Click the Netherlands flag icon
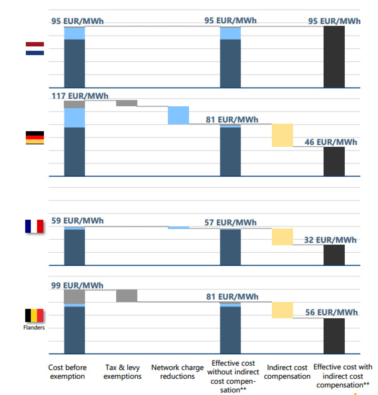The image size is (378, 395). pos(35,48)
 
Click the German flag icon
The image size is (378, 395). pos(35,138)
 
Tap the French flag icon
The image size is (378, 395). pos(34,226)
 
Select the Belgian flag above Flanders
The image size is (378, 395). pos(34,315)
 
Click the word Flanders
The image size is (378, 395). pos(34,328)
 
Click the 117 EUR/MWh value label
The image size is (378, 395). pos(80,96)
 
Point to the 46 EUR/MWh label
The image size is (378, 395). pos(331,142)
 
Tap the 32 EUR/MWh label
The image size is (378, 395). pos(330,240)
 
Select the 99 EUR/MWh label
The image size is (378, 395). pos(77,285)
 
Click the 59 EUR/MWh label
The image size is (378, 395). pos(77,221)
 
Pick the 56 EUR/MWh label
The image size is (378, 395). pos(331,312)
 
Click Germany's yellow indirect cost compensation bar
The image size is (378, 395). pos(282,135)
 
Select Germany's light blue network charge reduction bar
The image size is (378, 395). pos(178,115)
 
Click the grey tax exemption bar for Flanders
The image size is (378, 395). pos(127,296)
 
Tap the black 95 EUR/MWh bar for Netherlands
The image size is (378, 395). pos(334,57)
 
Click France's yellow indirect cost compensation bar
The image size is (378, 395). pos(282,237)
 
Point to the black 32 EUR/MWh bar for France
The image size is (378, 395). pos(334,255)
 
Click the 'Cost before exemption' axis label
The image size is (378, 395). pos(67,372)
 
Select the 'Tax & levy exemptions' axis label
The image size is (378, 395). pos(122,372)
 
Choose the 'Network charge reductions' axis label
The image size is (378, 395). pos(178,372)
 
